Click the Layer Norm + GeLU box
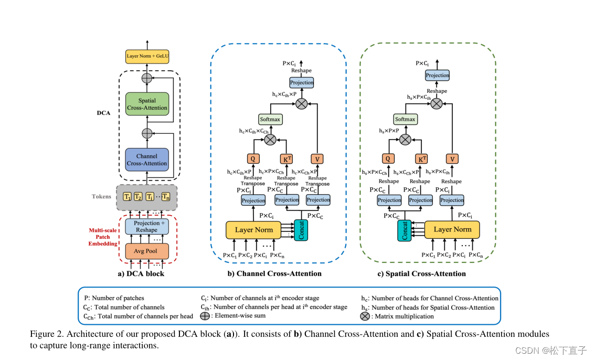[x=147, y=56]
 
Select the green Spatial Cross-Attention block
[x=147, y=104]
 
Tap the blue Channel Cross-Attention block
[x=147, y=160]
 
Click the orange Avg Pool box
[x=147, y=251]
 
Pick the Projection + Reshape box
[x=147, y=227]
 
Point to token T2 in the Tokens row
[x=138, y=196]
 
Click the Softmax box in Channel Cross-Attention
[x=270, y=119]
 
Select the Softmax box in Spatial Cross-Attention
[x=405, y=119]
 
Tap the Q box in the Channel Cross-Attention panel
[x=253, y=158]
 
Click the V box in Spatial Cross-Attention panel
[x=452, y=158]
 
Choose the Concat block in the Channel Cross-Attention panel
[x=301, y=230]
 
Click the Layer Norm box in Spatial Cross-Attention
[x=452, y=229]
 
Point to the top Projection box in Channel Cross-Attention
[x=302, y=82]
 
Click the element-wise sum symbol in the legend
[x=205, y=316]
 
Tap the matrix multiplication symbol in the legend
[x=365, y=316]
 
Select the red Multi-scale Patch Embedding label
[x=103, y=237]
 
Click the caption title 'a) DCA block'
[x=141, y=273]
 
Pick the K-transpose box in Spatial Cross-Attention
[x=421, y=158]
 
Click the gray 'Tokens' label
[x=101, y=196]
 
